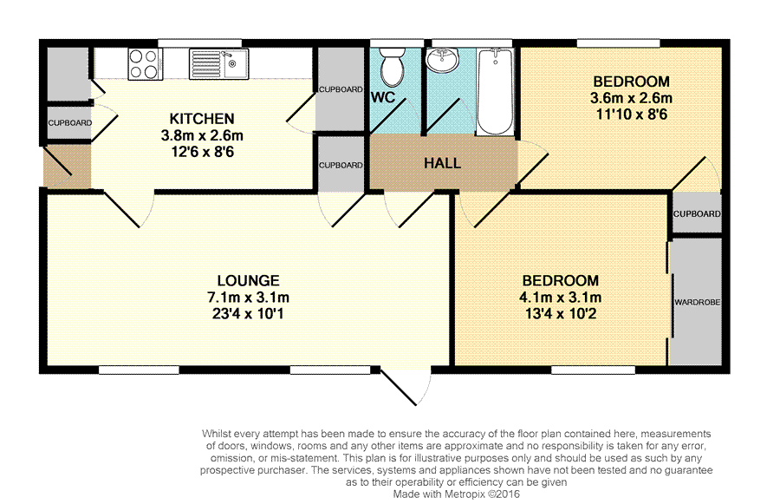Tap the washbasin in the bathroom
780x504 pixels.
(x=443, y=61)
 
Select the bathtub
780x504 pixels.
(x=495, y=91)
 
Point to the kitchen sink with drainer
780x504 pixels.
(x=218, y=63)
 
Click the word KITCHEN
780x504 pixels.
(x=202, y=119)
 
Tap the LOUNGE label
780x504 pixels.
(x=248, y=280)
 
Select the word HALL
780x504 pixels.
(x=442, y=163)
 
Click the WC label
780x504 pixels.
(x=383, y=98)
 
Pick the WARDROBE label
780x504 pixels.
(x=698, y=302)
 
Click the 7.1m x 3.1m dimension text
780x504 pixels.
(x=248, y=298)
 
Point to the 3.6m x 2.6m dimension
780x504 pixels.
(x=631, y=98)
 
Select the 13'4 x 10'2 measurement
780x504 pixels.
(x=561, y=314)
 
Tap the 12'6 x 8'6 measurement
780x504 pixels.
(x=202, y=152)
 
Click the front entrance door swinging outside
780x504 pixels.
(x=405, y=387)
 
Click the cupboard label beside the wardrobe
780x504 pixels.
(x=697, y=214)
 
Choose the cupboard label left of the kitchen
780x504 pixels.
(x=70, y=123)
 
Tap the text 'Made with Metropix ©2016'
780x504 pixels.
(x=456, y=494)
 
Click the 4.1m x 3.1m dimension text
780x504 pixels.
(x=561, y=298)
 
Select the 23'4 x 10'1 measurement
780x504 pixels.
(x=248, y=314)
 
